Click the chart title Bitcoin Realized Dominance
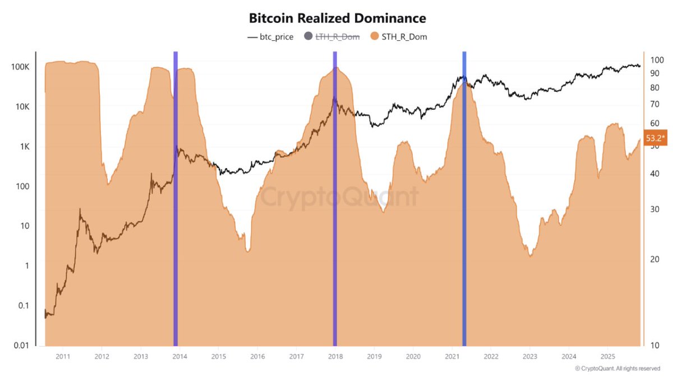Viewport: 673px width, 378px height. (337, 18)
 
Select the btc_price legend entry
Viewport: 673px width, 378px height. (270, 37)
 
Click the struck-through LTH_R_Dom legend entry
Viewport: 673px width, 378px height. (332, 37)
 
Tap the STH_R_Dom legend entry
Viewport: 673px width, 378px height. (399, 37)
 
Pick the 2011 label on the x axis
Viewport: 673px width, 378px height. (62, 356)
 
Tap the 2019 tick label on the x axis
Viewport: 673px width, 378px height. (374, 356)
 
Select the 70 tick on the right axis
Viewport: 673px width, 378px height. (654, 104)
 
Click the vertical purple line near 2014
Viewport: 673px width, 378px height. (176, 196)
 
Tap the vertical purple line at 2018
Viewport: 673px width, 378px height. (335, 196)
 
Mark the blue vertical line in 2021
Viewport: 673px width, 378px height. (464, 196)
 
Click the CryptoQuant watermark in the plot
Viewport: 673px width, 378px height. (340, 197)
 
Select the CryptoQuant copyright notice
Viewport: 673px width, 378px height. (617, 368)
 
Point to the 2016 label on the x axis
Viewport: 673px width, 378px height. (257, 356)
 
